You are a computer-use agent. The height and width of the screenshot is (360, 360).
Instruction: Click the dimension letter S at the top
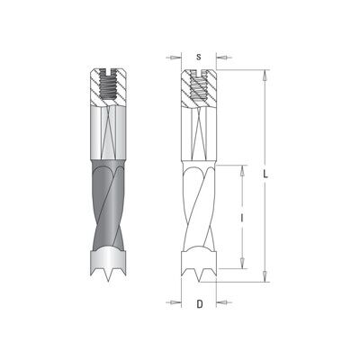(x=199, y=57)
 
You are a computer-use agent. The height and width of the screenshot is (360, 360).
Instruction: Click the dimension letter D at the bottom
(x=200, y=304)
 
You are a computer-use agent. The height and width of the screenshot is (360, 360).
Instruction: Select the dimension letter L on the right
(x=265, y=174)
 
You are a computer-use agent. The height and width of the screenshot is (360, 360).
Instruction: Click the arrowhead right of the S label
(x=224, y=58)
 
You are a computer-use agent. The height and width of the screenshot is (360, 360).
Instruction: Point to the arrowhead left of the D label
(x=174, y=302)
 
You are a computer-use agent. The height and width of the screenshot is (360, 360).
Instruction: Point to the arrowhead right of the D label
(x=224, y=302)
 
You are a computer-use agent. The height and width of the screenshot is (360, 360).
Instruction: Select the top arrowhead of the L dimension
(x=265, y=76)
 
